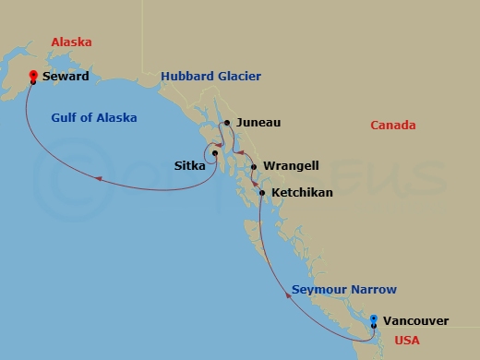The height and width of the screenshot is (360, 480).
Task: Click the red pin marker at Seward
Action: click(x=33, y=77)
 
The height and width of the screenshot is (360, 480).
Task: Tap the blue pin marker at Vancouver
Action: click(x=373, y=321)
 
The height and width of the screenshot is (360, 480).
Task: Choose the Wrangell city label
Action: click(x=291, y=166)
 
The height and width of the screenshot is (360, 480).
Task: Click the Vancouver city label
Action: click(x=415, y=321)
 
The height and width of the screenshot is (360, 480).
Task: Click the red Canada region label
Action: click(x=392, y=126)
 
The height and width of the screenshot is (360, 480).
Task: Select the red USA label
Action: click(x=406, y=341)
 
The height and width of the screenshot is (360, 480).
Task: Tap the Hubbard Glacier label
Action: click(x=210, y=76)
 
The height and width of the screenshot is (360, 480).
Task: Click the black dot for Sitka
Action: click(x=214, y=153)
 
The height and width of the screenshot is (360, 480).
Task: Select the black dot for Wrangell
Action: click(x=254, y=167)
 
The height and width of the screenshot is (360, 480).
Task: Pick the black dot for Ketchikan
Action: click(x=263, y=193)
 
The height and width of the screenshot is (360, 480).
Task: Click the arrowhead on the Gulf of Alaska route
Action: click(x=97, y=178)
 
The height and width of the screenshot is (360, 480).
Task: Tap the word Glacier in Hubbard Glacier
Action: click(x=238, y=76)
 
